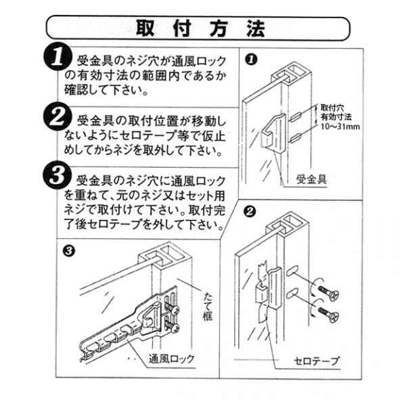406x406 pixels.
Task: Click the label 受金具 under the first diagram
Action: (x=312, y=181)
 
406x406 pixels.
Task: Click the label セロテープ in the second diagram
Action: (x=316, y=361)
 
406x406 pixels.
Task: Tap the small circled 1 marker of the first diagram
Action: (x=250, y=60)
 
